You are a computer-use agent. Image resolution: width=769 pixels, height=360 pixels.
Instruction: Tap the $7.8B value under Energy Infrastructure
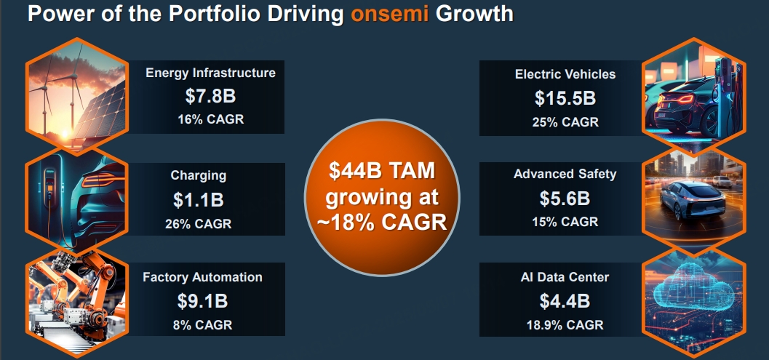(210, 96)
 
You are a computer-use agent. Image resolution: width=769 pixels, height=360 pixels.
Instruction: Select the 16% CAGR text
(210, 119)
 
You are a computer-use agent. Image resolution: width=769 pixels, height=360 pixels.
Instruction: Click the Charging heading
(198, 175)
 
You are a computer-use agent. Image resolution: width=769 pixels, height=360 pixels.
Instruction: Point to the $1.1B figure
(198, 200)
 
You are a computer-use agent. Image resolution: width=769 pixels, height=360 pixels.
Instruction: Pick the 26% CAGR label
(198, 224)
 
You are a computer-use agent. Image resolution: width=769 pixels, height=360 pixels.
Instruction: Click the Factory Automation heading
(202, 277)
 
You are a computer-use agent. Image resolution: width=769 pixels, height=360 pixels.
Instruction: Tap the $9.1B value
(202, 301)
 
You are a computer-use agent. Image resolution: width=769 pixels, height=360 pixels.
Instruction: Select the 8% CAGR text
(202, 324)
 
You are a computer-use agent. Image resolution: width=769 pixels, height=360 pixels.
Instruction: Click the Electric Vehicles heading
(565, 74)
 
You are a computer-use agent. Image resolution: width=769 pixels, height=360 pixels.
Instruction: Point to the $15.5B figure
(565, 99)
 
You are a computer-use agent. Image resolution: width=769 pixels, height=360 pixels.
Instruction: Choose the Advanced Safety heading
(565, 174)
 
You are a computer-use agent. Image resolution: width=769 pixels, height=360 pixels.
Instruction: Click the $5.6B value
(565, 199)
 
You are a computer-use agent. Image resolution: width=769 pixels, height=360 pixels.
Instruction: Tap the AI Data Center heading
(565, 277)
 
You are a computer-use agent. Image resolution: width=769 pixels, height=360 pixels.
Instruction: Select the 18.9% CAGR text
(565, 324)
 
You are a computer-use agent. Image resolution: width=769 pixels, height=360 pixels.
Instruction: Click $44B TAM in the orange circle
(382, 172)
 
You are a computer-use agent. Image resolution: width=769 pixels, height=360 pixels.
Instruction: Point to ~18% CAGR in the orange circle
(382, 223)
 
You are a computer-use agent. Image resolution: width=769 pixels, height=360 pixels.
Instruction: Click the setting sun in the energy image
(65, 133)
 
